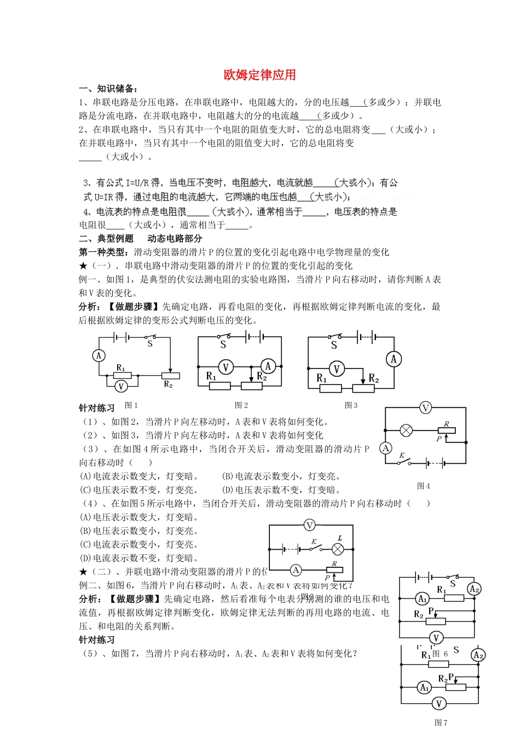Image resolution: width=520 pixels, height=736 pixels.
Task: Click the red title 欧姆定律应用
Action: tap(259, 75)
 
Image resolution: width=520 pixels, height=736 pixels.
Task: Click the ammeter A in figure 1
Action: tap(99, 356)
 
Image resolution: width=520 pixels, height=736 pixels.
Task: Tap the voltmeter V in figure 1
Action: tap(121, 386)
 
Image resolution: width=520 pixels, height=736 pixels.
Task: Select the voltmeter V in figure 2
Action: tap(226, 367)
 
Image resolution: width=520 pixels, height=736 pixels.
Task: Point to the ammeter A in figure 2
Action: tap(268, 366)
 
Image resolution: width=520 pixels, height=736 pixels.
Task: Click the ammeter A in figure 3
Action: tap(394, 359)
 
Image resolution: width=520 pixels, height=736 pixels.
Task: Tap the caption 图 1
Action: tap(131, 406)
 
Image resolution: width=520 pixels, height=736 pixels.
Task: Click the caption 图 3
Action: tap(351, 406)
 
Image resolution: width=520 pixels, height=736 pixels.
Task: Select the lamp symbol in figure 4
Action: tap(406, 430)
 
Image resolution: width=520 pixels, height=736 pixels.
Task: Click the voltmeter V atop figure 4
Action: tap(425, 407)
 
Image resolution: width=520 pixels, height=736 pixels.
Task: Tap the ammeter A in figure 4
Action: tap(386, 448)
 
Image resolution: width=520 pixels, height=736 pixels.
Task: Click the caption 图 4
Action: tap(423, 486)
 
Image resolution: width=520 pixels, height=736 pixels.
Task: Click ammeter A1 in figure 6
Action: tap(422, 599)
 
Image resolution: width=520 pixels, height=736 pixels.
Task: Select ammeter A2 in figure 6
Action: tap(474, 589)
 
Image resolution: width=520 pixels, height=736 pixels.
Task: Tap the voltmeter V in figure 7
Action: tap(438, 704)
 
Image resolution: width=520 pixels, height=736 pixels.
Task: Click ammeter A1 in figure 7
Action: tap(424, 687)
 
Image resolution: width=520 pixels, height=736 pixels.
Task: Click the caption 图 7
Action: tap(441, 723)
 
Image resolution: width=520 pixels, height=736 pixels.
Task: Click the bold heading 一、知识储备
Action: tap(108, 89)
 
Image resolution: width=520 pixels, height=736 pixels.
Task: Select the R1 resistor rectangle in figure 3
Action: tap(331, 388)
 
